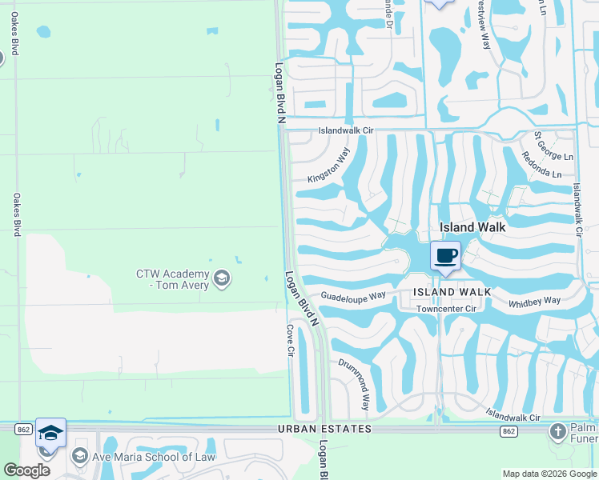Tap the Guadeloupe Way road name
pyautogui.click(x=353, y=296)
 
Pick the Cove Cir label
pyautogui.click(x=291, y=342)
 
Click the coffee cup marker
pyautogui.click(x=446, y=257)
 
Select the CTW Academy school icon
pyautogui.click(x=222, y=278)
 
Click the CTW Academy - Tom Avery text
pyautogui.click(x=171, y=279)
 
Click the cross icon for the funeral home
pyautogui.click(x=558, y=433)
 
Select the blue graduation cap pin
pyautogui.click(x=50, y=433)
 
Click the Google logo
pyautogui.click(x=26, y=470)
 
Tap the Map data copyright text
pyautogui.click(x=549, y=474)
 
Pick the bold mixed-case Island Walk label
pyautogui.click(x=472, y=227)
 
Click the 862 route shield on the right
pyautogui.click(x=508, y=431)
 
